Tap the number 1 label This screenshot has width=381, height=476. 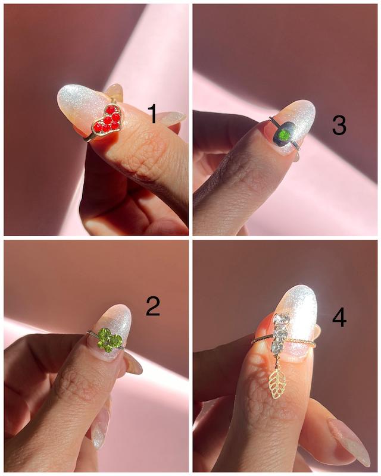(152, 114)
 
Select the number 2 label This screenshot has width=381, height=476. (153, 306)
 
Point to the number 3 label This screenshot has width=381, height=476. (339, 125)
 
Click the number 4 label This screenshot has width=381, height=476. (339, 318)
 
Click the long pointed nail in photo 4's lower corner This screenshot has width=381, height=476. (349, 441)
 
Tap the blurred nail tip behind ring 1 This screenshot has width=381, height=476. (115, 90)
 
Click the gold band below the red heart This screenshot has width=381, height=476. (90, 138)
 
